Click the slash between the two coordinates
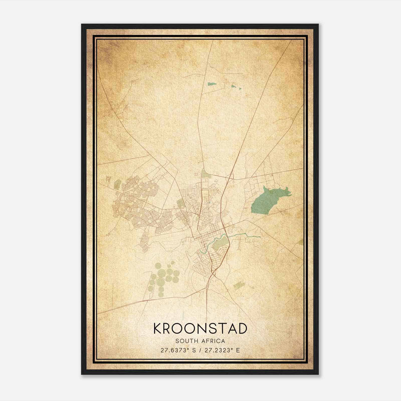[200, 350]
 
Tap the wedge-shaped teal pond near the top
[212, 84]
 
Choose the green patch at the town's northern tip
[205, 173]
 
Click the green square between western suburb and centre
[180, 203]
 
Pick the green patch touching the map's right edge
[301, 242]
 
